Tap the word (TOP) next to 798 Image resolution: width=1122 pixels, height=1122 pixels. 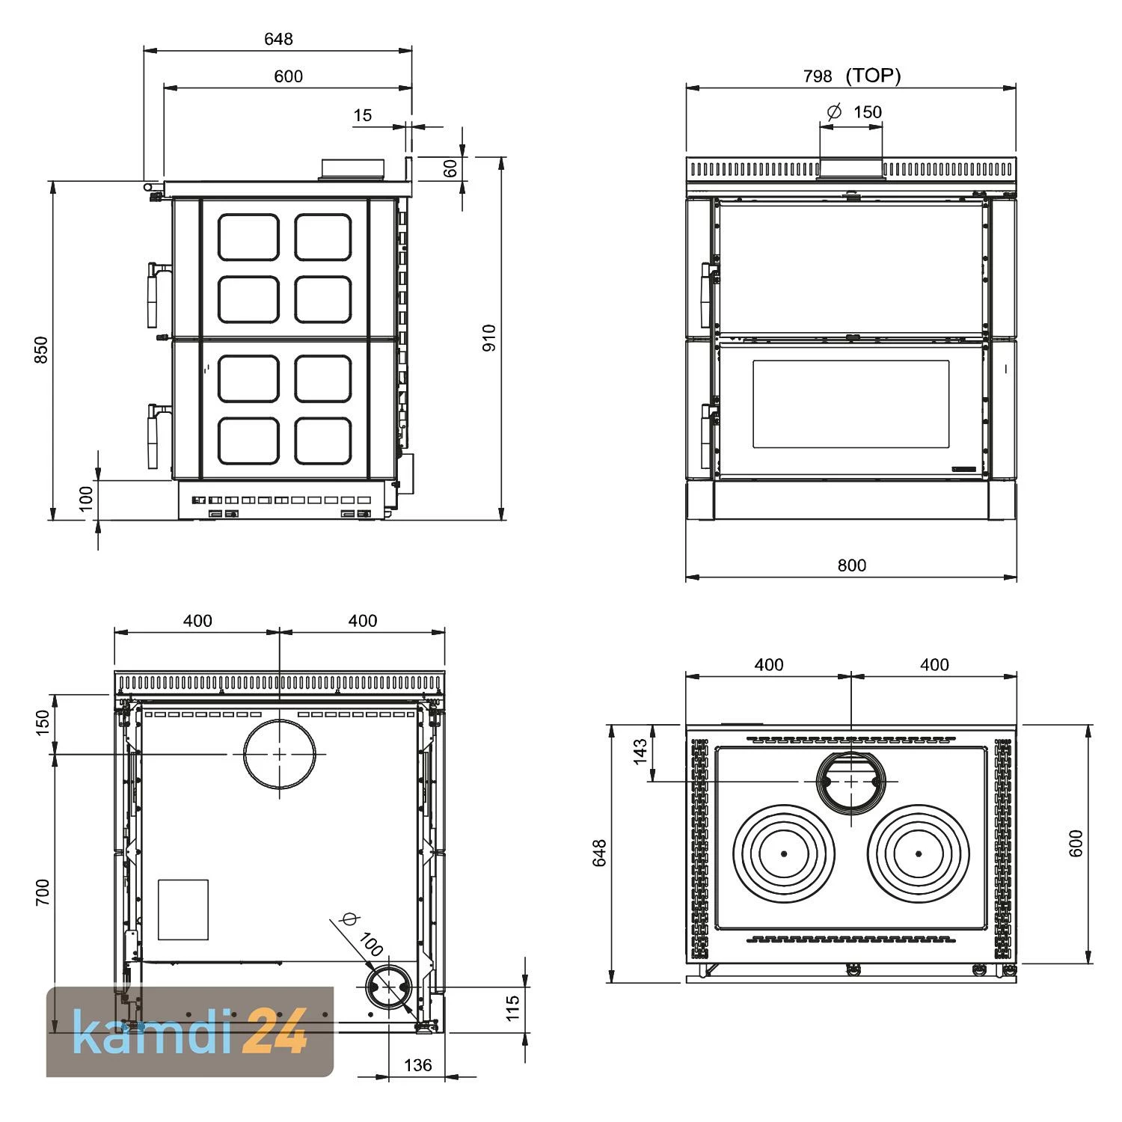[x=873, y=76]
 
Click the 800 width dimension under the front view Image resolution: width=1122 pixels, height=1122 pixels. [x=851, y=565]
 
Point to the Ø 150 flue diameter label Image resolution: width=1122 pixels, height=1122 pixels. [x=854, y=112]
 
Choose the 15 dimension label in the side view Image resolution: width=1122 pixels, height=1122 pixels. [x=363, y=115]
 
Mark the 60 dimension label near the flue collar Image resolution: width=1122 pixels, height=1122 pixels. [x=450, y=168]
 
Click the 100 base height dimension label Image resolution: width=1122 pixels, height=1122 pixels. [x=86, y=499]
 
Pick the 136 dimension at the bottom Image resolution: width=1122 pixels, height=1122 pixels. [x=417, y=1065]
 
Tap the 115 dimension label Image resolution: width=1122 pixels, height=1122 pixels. [x=512, y=1008]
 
